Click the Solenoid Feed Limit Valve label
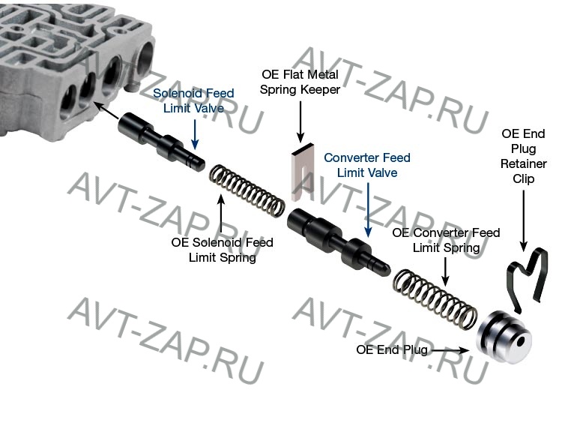(x=194, y=100)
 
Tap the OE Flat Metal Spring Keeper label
(x=300, y=82)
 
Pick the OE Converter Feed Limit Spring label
(x=446, y=241)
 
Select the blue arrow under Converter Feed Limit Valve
(x=367, y=210)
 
